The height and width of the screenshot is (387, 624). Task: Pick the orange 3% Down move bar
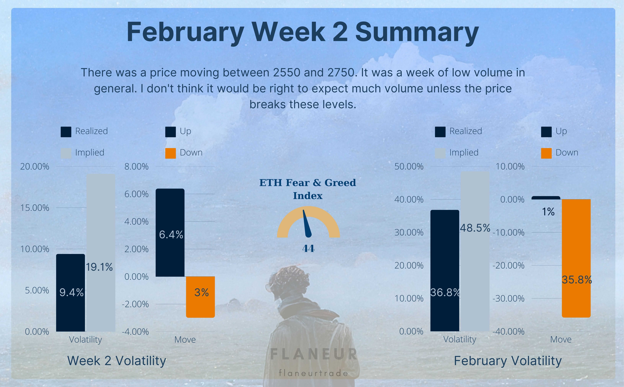[200, 297]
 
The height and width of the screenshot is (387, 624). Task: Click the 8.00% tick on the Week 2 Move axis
[136, 167]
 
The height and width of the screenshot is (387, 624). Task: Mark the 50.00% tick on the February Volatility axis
[409, 167]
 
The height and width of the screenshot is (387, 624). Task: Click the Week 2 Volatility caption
[117, 361]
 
